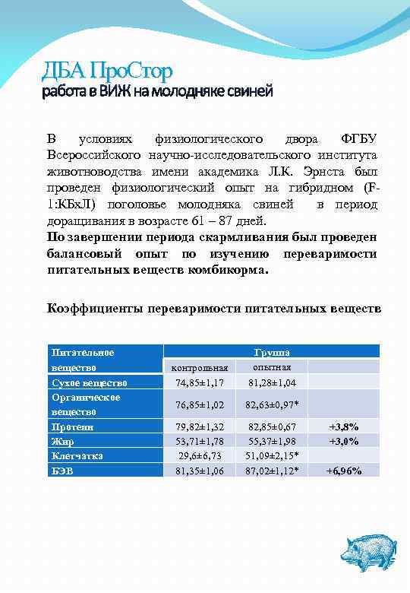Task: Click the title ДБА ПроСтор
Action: tap(107, 72)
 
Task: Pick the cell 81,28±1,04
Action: tap(271, 382)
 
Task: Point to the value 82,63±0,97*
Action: tap(272, 404)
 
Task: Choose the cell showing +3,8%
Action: tap(344, 427)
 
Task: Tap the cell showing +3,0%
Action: tap(344, 441)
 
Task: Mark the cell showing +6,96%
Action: tap(344, 471)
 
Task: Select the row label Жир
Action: tap(61, 441)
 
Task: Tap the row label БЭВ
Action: tap(61, 471)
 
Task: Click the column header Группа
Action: tap(271, 353)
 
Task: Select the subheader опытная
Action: tap(271, 366)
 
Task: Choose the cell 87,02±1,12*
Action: tap(272, 471)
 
